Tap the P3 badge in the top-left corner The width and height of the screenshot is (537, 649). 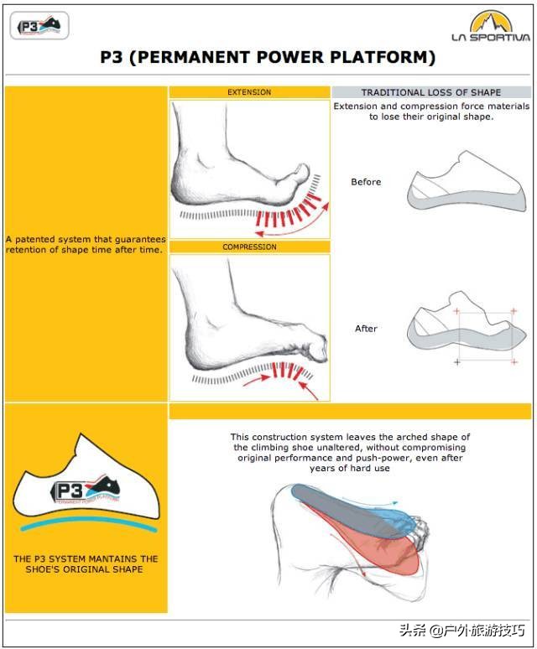point(39,26)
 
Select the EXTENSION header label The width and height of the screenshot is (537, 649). point(249,92)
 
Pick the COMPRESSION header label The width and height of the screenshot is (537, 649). point(249,247)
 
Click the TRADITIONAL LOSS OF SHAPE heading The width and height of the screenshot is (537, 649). point(431,92)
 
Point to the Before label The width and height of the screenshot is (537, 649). point(366,182)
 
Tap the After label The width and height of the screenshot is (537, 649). point(366,328)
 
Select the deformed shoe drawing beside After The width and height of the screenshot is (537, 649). point(467,324)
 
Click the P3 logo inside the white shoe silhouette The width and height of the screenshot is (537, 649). point(86,490)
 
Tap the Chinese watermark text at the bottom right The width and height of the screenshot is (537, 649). point(462,631)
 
